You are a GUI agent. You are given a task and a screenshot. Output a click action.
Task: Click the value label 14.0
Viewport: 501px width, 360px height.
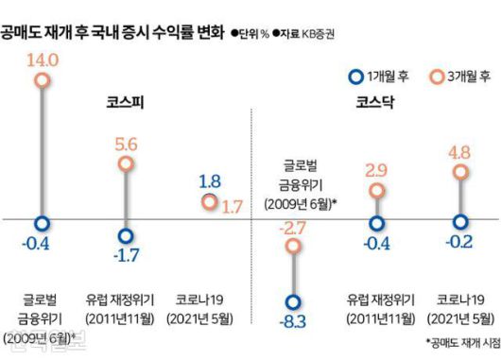click(x=43, y=59)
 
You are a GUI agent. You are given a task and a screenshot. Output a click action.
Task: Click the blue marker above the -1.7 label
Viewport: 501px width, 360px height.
click(x=125, y=236)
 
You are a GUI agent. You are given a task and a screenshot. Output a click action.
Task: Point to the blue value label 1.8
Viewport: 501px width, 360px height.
click(x=211, y=180)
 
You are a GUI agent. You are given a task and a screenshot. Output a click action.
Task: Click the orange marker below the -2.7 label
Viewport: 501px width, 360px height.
click(x=294, y=247)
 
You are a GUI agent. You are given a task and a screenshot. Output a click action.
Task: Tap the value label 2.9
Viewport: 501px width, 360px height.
click(x=376, y=170)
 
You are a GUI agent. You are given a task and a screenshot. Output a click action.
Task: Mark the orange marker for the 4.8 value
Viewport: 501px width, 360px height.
click(x=459, y=171)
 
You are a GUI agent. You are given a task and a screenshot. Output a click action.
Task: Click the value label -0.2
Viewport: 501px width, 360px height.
click(x=460, y=243)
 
